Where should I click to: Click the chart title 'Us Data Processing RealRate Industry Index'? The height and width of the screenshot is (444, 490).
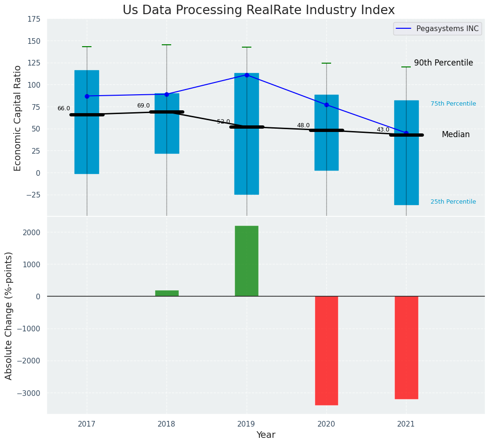pyautogui.click(x=258, y=10)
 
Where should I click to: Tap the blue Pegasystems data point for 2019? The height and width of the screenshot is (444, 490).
pyautogui.click(x=247, y=75)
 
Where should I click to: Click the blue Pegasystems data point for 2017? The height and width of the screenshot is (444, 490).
pyautogui.click(x=87, y=96)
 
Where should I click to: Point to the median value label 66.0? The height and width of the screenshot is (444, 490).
pyautogui.click(x=64, y=108)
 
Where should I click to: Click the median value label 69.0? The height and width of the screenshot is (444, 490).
pyautogui.click(x=143, y=106)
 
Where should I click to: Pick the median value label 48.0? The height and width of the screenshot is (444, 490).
pyautogui.click(x=303, y=126)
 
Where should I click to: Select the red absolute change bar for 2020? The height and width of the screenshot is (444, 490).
pyautogui.click(x=326, y=350)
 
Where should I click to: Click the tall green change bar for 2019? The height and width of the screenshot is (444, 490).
pyautogui.click(x=247, y=261)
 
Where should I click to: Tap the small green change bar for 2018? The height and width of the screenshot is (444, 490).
pyautogui.click(x=166, y=293)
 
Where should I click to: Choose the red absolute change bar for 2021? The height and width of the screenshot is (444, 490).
pyautogui.click(x=406, y=347)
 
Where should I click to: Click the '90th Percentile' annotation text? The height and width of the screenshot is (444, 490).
pyautogui.click(x=443, y=63)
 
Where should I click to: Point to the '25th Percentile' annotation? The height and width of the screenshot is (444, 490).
pyautogui.click(x=453, y=202)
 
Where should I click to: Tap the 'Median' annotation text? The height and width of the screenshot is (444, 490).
pyautogui.click(x=456, y=135)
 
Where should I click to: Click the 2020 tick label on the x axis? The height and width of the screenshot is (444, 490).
pyautogui.click(x=326, y=424)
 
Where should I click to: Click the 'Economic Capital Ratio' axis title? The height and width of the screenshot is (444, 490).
pyautogui.click(x=18, y=118)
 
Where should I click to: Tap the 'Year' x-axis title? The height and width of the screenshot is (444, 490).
pyautogui.click(x=266, y=435)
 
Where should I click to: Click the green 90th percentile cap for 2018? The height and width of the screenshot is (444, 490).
pyautogui.click(x=166, y=45)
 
